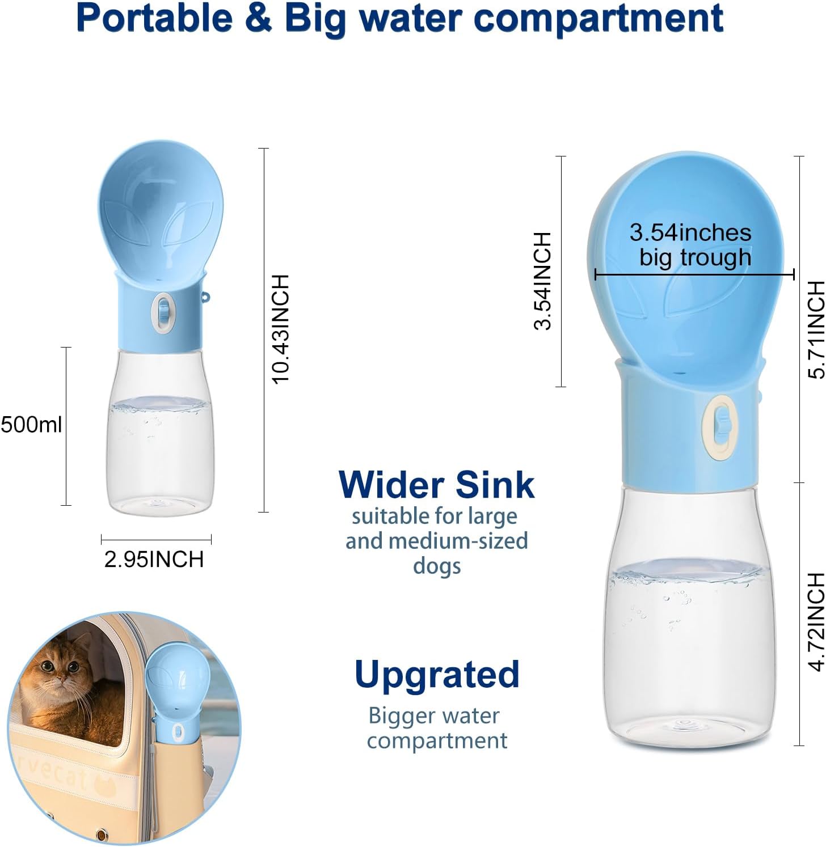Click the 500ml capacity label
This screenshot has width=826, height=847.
tap(31, 425)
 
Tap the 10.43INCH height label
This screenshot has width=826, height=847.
tap(281, 329)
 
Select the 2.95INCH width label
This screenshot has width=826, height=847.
tap(154, 559)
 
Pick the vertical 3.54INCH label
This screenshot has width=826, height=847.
tap(543, 280)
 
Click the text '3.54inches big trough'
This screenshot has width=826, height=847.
tap(690, 245)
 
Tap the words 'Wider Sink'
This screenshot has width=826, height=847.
tap(436, 485)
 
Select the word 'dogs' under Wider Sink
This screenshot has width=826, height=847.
tap(436, 566)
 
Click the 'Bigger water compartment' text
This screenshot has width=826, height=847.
tap(436, 728)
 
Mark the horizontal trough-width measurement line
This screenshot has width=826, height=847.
tap(694, 275)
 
